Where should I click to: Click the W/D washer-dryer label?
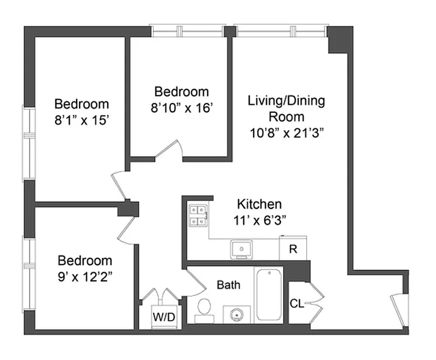click(x=164, y=317)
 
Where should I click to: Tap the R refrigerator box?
click(x=293, y=248)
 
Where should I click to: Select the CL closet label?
click(x=297, y=303)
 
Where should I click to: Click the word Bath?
click(x=229, y=285)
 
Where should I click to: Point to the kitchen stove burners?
click(x=198, y=216)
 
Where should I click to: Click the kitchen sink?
click(x=241, y=249)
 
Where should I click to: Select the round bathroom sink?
click(x=237, y=314)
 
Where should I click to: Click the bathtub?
click(x=269, y=295)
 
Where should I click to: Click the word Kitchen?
click(x=259, y=205)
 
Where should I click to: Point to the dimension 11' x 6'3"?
click(x=259, y=221)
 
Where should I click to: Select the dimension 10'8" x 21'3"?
click(x=287, y=133)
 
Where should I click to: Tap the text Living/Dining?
click(x=286, y=101)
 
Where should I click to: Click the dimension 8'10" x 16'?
click(x=182, y=108)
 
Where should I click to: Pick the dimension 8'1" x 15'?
click(x=81, y=120)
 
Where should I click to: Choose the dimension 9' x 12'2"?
click(x=85, y=277)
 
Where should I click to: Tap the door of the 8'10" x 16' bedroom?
click(x=168, y=150)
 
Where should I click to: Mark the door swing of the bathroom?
click(x=196, y=282)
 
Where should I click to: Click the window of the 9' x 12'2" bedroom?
click(x=29, y=274)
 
